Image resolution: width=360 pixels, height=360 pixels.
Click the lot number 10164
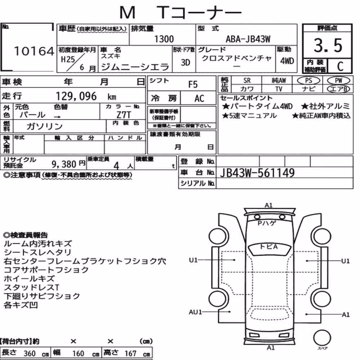[34, 51]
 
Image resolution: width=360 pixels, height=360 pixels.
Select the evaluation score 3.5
[328, 45]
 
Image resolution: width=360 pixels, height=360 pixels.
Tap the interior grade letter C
[340, 66]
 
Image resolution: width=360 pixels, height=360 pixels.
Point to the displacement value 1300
[164, 39]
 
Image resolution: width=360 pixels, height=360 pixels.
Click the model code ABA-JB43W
[248, 39]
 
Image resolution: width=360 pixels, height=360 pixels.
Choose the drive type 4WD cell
[287, 61]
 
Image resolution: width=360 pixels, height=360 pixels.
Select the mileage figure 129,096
[76, 96]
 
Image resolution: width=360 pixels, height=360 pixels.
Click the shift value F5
[193, 85]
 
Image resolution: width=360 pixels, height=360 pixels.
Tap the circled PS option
[309, 81]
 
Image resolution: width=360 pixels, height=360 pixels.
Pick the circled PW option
[338, 81]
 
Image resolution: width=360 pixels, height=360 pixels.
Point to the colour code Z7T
[124, 114]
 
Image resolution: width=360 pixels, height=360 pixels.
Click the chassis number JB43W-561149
[257, 173]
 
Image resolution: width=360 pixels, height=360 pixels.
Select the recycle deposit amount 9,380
[64, 164]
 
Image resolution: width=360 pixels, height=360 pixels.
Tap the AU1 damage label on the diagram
[195, 312]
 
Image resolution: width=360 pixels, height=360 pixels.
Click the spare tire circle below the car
[322, 338]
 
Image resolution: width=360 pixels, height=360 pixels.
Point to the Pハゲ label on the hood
[267, 223]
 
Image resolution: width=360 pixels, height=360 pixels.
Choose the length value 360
[30, 354]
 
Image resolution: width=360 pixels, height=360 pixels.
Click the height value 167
[130, 354]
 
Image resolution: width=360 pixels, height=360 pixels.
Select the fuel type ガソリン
[45, 126]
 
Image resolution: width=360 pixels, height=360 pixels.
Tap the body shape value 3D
[185, 62]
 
